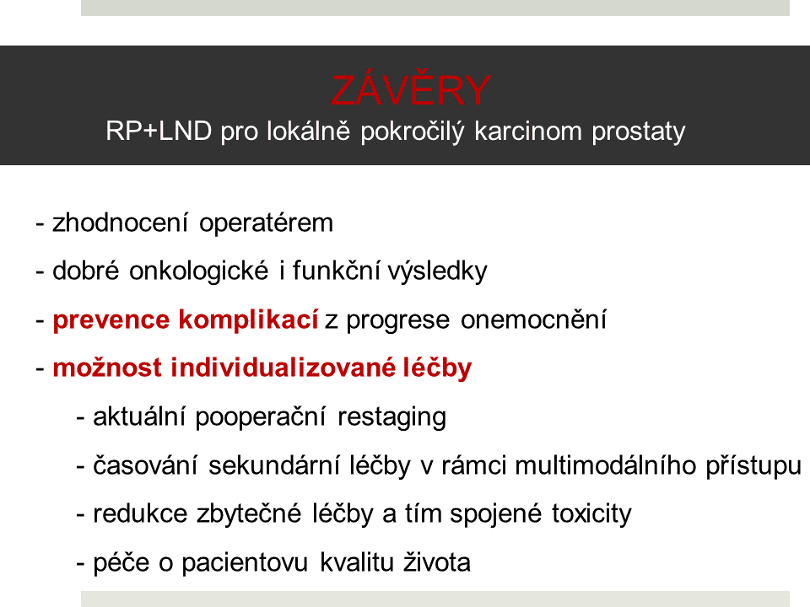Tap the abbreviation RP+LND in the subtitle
159,131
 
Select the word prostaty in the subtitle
639,132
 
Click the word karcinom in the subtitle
528,131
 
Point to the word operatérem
266,224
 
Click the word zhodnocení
121,223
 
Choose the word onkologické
199,271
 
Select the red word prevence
111,320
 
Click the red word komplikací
248,320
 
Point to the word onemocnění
533,319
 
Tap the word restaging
391,417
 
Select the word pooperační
261,417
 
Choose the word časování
145,465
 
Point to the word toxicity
591,514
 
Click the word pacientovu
245,563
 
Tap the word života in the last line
437,562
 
